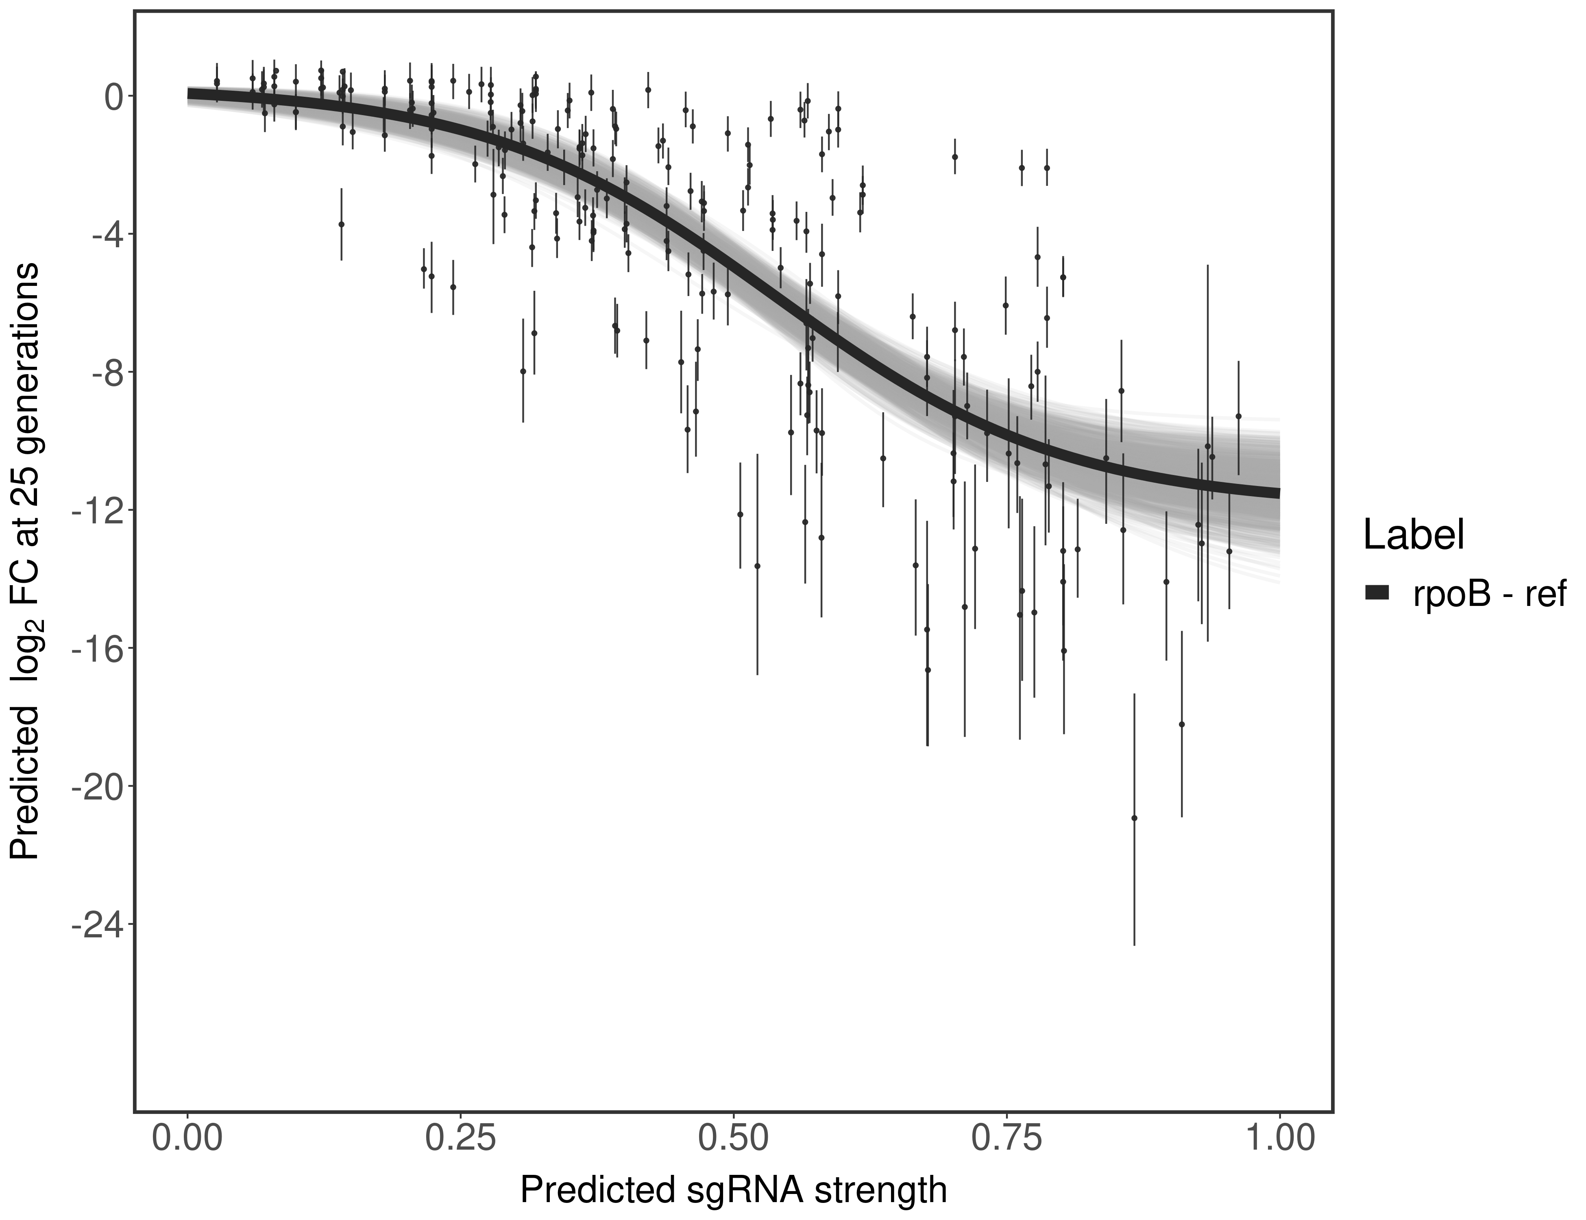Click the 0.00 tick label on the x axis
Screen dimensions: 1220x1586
188,1138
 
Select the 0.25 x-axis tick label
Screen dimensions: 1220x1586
460,1138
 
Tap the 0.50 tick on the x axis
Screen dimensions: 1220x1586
734,1138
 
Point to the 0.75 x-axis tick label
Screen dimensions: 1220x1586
1006,1138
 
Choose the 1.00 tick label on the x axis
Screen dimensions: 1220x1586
1279,1138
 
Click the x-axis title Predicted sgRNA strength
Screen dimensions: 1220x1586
734,1192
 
